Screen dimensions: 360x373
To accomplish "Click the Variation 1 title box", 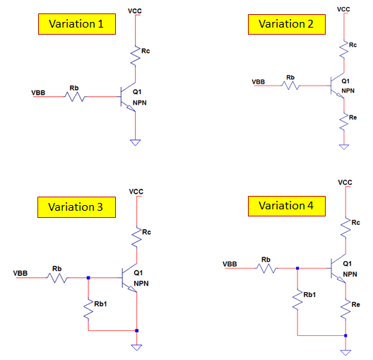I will (76, 23).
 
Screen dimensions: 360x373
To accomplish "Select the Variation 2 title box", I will (286, 23).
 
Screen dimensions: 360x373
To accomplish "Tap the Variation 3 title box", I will (76, 207).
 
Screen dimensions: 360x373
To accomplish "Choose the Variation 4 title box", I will (287, 206).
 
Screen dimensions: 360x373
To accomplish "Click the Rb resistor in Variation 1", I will (75, 95).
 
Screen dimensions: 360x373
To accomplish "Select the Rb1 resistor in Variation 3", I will (88, 308).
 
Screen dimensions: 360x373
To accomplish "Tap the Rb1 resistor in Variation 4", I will (298, 298).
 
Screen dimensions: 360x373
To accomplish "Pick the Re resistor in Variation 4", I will (344, 308).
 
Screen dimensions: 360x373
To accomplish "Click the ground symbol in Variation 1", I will (135, 143).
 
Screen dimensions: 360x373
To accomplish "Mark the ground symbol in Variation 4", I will (345, 351).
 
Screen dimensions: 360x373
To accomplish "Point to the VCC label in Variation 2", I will (344, 9).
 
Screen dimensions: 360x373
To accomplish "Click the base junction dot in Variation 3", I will (88, 278).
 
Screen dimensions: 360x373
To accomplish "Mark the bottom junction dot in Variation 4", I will (345, 335).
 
